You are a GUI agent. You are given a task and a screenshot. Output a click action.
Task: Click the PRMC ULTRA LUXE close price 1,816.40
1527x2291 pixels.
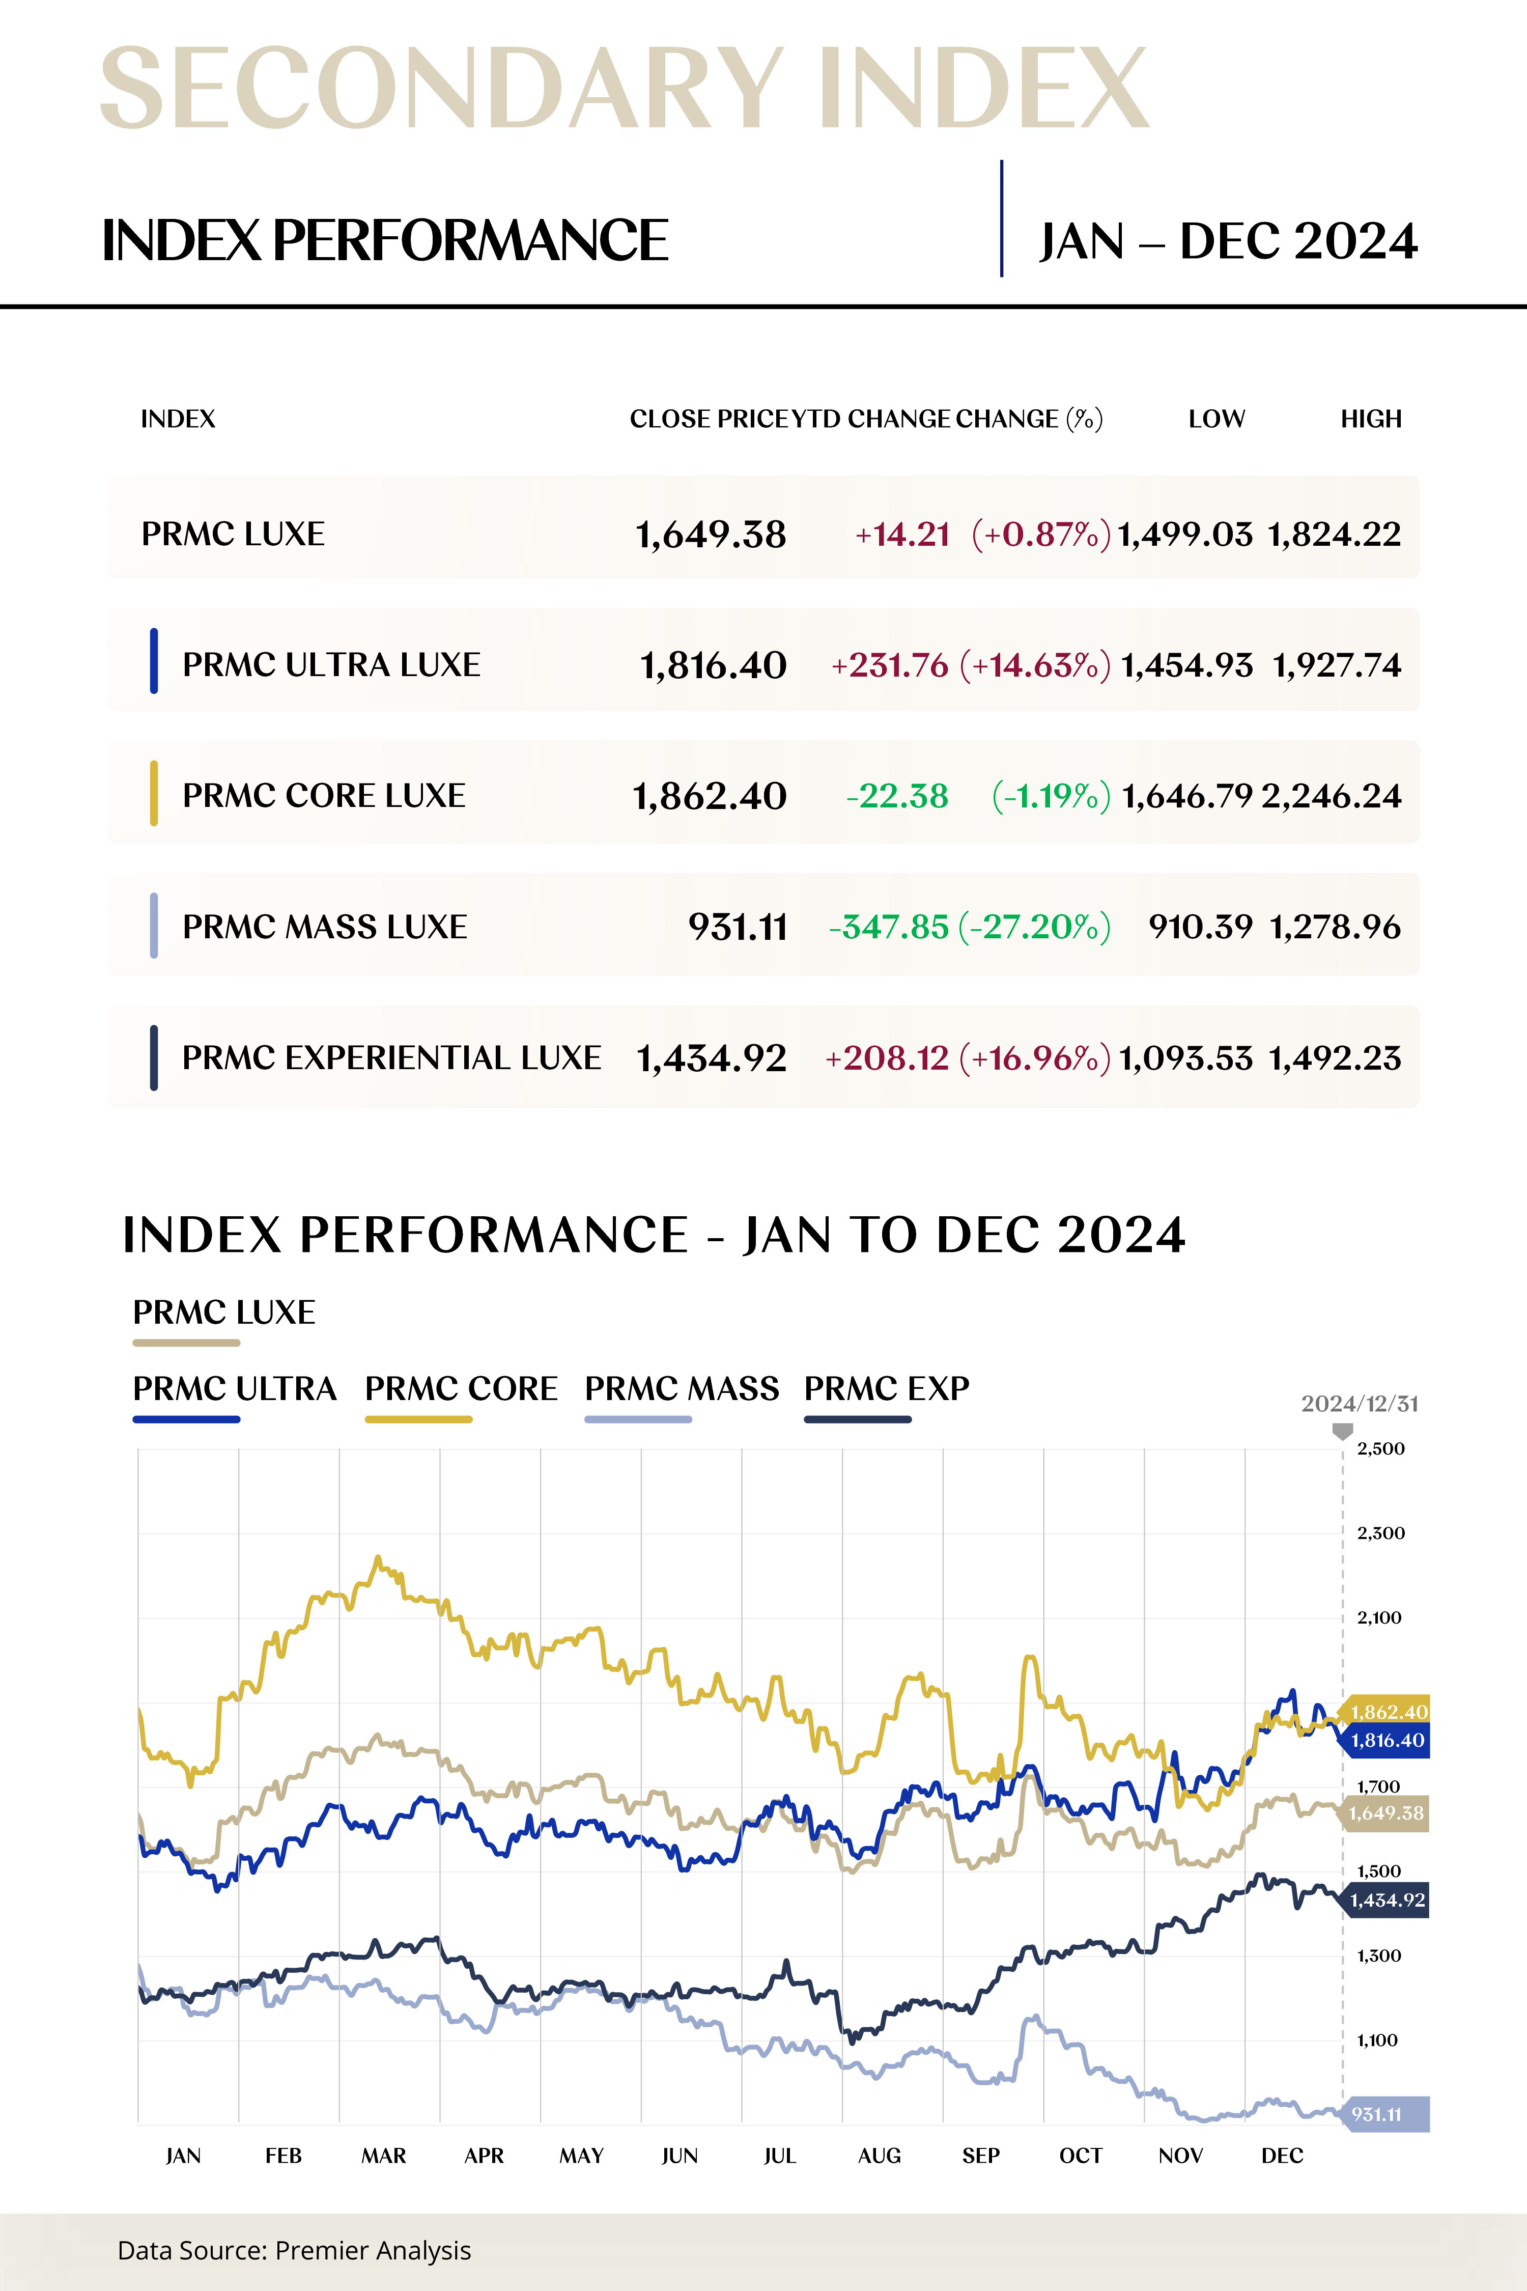pos(713,665)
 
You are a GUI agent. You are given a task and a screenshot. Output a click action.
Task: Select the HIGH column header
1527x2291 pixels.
pos(1370,419)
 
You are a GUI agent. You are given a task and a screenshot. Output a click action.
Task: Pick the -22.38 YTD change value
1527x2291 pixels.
pos(897,796)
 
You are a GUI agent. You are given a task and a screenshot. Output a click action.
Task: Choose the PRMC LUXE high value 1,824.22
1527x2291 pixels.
pos(1334,534)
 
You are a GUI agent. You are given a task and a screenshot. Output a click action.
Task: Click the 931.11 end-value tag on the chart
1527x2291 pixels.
pos(1383,2114)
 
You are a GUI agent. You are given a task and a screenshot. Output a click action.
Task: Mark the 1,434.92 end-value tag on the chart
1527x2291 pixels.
pos(1387,1899)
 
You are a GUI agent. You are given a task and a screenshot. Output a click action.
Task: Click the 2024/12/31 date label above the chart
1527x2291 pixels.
pos(1360,1404)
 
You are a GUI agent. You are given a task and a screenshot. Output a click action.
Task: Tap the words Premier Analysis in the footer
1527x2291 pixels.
pos(373,2250)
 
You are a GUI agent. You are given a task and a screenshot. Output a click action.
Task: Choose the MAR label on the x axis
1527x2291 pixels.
pos(384,2156)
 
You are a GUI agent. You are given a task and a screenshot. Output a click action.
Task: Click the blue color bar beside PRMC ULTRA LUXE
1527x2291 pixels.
pos(154,661)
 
